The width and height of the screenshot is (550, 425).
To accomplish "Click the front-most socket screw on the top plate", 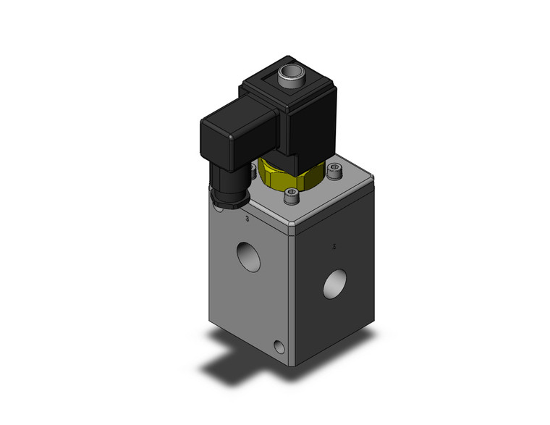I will pos(290,195).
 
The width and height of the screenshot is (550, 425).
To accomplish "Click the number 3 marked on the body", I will pos(248,218).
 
